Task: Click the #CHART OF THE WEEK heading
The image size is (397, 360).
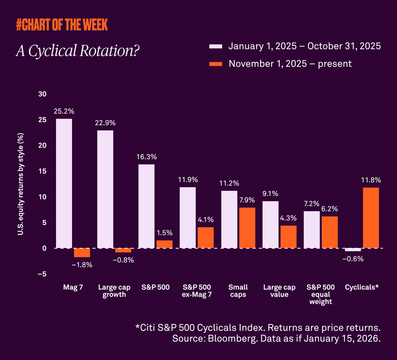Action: pyautogui.click(x=62, y=25)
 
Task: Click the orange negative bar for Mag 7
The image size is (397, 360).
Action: pyautogui.click(x=82, y=252)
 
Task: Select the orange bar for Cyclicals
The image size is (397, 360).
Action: pyautogui.click(x=371, y=218)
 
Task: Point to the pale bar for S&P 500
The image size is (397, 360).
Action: pyautogui.click(x=146, y=206)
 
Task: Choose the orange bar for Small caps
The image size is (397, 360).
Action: pyautogui.click(x=247, y=228)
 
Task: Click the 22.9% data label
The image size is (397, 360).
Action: pyautogui.click(x=105, y=122)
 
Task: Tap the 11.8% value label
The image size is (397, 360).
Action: pyautogui.click(x=371, y=180)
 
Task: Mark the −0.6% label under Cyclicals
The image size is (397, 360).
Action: pyautogui.click(x=353, y=259)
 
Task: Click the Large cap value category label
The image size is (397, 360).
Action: pyautogui.click(x=279, y=291)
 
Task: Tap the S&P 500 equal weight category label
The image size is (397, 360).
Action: pyautogui.click(x=321, y=294)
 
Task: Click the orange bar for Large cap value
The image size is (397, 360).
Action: pyautogui.click(x=288, y=237)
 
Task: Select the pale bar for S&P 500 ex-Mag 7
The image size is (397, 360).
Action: pyautogui.click(x=188, y=217)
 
